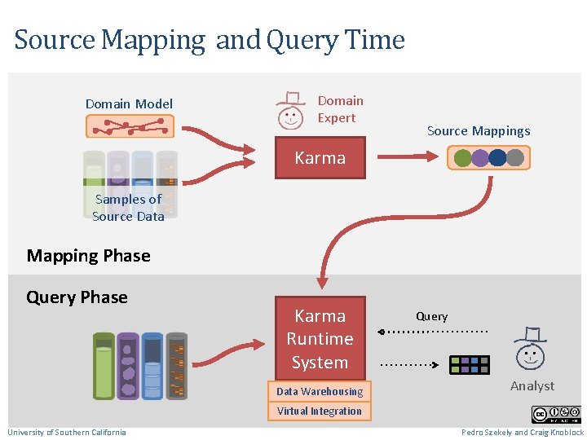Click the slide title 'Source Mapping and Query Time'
tap(210, 39)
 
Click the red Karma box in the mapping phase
tap(320, 158)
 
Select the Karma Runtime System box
tap(320, 338)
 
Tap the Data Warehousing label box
tap(320, 392)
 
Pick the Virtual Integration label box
tap(320, 411)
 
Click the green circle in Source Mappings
tap(463, 157)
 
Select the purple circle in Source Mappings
tap(480, 157)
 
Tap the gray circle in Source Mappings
tap(515, 157)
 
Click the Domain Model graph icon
tap(130, 126)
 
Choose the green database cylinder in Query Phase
tap(104, 366)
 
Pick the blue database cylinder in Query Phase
tap(152, 366)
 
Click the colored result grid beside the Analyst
tap(470, 364)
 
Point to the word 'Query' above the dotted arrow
tap(431, 316)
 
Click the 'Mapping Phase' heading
tap(88, 256)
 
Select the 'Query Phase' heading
tap(77, 297)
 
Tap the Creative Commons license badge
tap(556, 414)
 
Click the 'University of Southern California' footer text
tap(67, 432)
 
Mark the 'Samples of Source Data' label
tap(128, 208)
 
